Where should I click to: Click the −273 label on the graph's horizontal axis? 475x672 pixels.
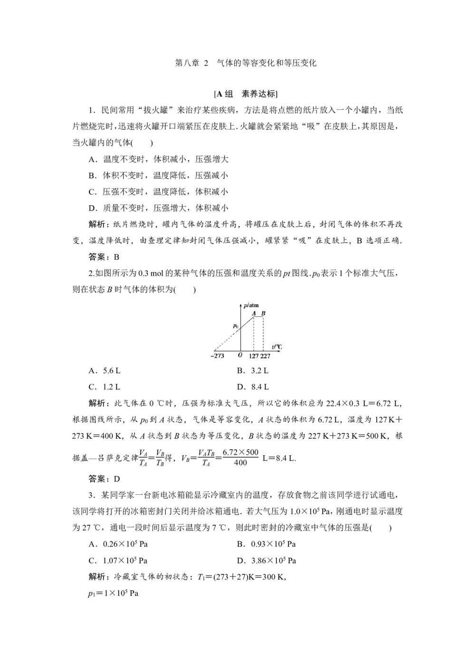[x=218, y=355]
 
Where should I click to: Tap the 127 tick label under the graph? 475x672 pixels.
[x=254, y=355]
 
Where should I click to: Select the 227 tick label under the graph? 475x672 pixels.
[x=265, y=355]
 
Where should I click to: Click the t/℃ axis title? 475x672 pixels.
[x=276, y=347]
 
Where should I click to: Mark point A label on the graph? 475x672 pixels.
[x=254, y=313]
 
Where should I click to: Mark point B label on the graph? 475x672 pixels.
[x=264, y=313]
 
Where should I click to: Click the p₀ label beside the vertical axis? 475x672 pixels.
[x=235, y=326]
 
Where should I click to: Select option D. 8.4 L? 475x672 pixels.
[x=253, y=387]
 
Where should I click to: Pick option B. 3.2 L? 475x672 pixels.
[x=253, y=371]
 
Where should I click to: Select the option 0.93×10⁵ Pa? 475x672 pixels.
[x=266, y=544]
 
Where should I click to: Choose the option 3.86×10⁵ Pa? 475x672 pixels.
[x=266, y=560]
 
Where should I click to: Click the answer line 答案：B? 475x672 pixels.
[x=104, y=257]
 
